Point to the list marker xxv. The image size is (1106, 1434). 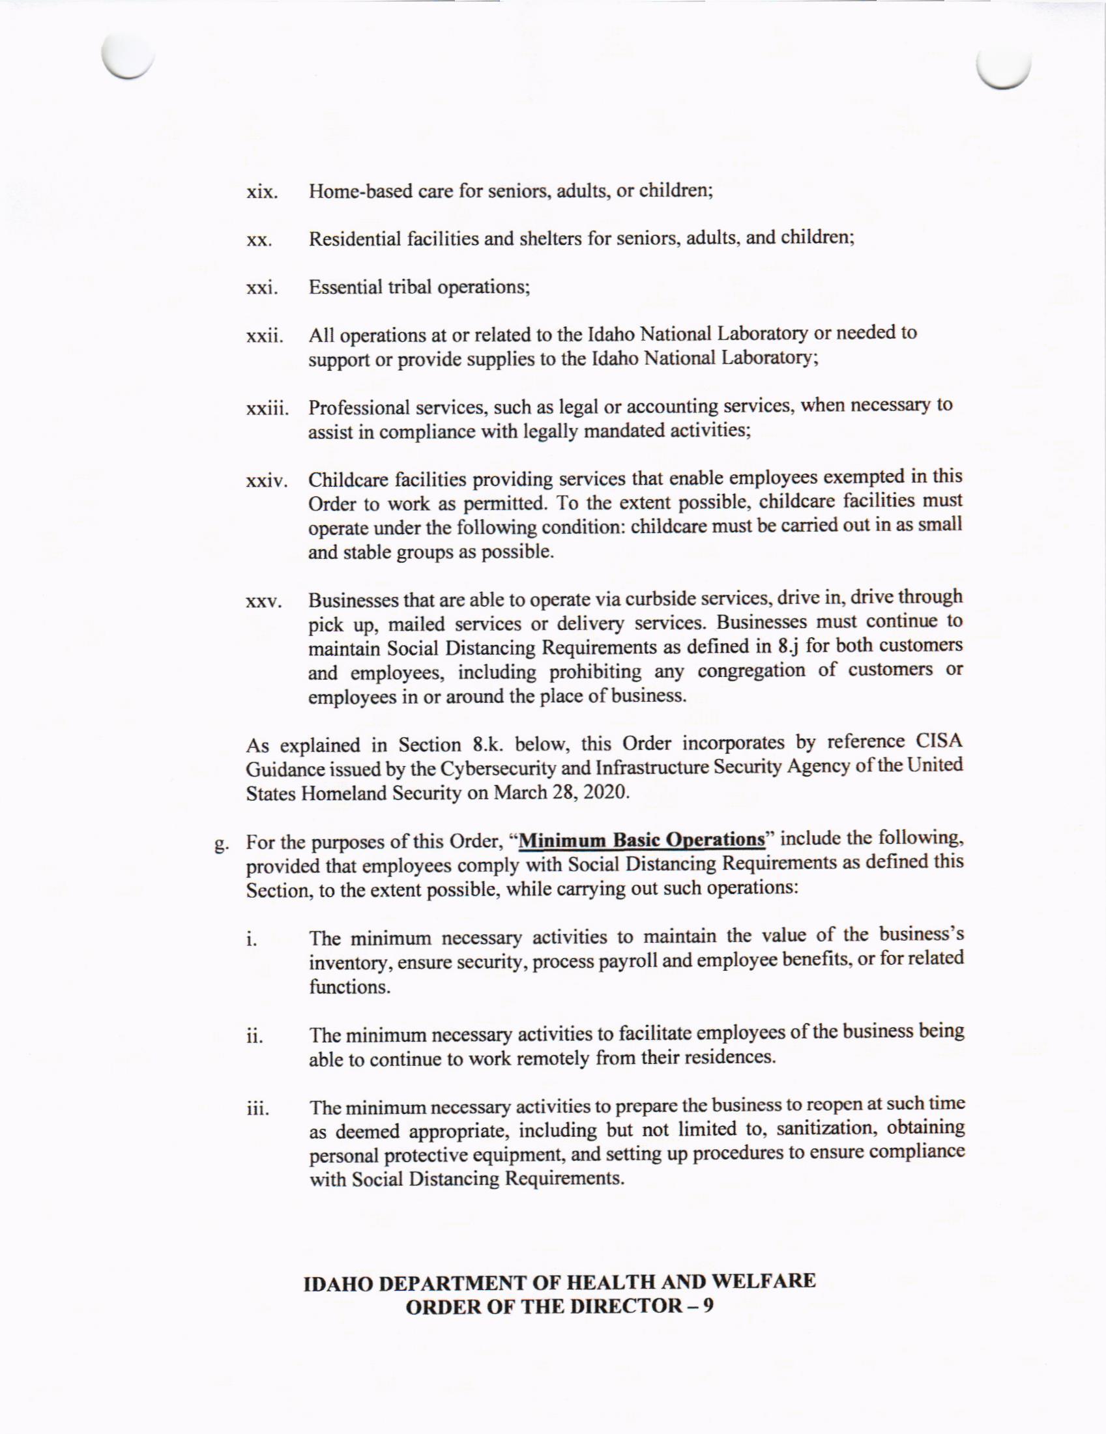[x=263, y=602]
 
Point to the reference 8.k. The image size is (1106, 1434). [x=488, y=745]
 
